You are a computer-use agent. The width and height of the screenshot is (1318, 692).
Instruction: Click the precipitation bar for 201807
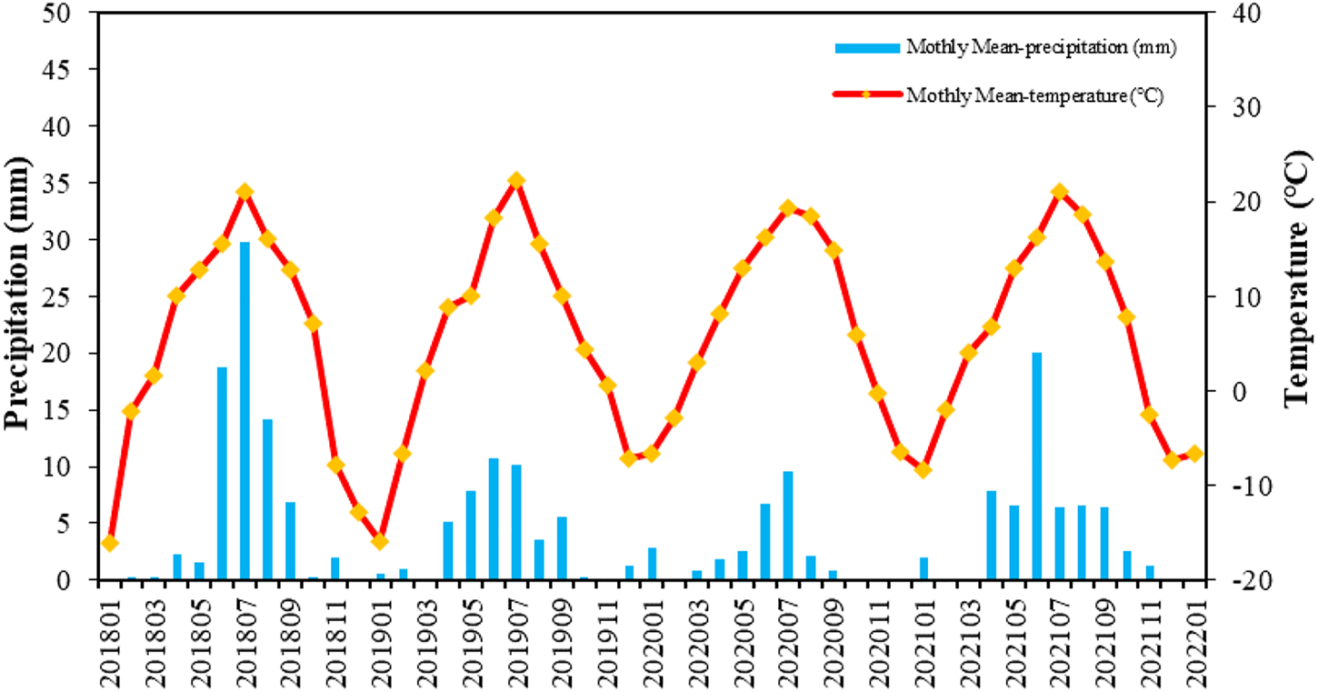click(x=245, y=409)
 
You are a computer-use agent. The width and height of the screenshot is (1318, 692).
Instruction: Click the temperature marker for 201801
click(x=109, y=543)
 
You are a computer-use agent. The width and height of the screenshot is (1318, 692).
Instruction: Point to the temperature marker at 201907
click(x=516, y=181)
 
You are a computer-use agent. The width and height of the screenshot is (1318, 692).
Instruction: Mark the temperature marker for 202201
click(x=1195, y=453)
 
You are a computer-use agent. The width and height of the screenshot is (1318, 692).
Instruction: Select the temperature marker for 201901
click(x=381, y=541)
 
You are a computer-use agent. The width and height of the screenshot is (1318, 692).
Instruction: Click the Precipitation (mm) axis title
click(x=16, y=292)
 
